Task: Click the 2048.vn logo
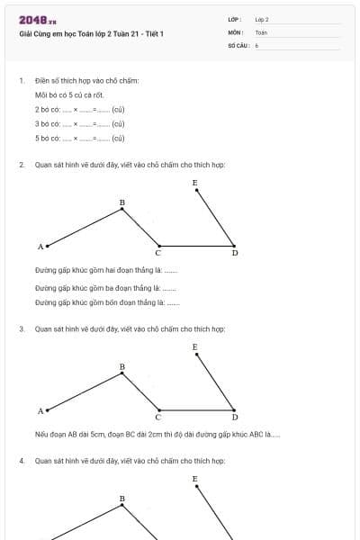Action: (x=37, y=20)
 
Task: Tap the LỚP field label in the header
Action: (x=234, y=19)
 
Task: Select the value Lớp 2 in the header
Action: (x=262, y=19)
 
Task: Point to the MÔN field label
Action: (x=235, y=31)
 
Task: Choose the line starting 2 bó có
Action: (x=79, y=109)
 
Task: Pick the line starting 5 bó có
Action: (x=79, y=138)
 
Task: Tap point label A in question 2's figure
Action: (x=40, y=246)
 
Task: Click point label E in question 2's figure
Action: (x=194, y=183)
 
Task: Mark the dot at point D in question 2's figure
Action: (x=234, y=245)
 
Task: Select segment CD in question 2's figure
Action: (x=196, y=245)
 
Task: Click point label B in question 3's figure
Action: (x=122, y=367)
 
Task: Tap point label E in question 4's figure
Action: (x=194, y=479)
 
